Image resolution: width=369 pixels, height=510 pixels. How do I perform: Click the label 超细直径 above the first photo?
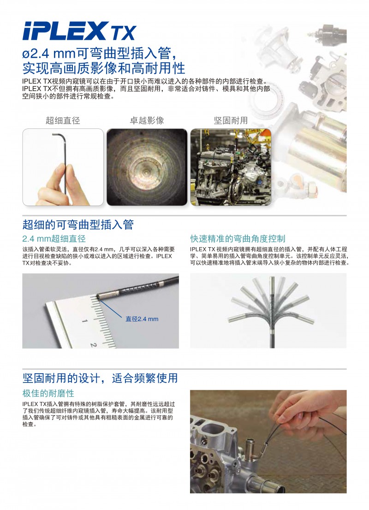(x=63, y=121)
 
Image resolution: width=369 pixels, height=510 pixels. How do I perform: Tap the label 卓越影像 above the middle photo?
(x=147, y=121)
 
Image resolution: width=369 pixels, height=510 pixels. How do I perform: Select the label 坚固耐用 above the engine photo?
(x=231, y=121)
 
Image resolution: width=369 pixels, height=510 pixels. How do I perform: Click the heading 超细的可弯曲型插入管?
(x=78, y=225)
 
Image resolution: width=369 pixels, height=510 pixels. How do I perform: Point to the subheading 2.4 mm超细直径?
(x=54, y=239)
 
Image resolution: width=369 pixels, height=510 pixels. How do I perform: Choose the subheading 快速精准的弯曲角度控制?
(x=238, y=239)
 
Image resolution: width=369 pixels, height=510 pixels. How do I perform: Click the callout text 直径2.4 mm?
(x=142, y=319)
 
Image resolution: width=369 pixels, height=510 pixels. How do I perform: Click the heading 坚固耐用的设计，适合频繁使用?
(x=100, y=378)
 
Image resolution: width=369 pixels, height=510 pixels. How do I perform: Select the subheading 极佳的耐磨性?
(x=48, y=394)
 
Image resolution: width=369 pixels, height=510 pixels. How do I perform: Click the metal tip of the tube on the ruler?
(x=105, y=295)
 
